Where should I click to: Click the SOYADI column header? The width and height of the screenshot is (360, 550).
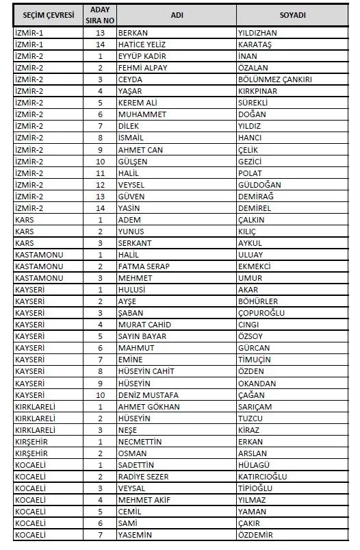292,15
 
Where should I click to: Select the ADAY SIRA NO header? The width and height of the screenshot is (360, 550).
100,15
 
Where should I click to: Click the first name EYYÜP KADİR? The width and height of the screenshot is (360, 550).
142,55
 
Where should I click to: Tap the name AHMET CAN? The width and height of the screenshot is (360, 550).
140,149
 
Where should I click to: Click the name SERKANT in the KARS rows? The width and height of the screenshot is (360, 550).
134,243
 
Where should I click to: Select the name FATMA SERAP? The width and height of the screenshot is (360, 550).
144,266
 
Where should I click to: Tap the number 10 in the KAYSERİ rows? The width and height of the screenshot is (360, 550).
100,395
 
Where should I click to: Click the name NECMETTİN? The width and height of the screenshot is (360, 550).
140,442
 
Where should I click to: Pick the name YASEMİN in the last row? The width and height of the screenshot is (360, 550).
134,536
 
